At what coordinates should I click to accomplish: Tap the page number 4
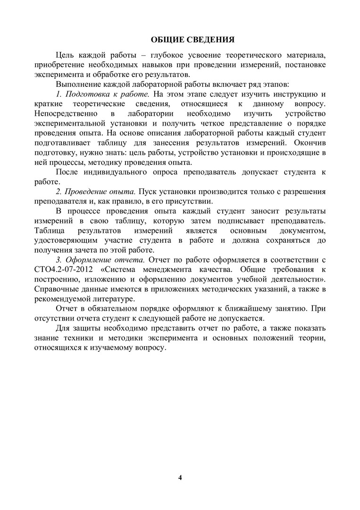[x=180, y=476]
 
